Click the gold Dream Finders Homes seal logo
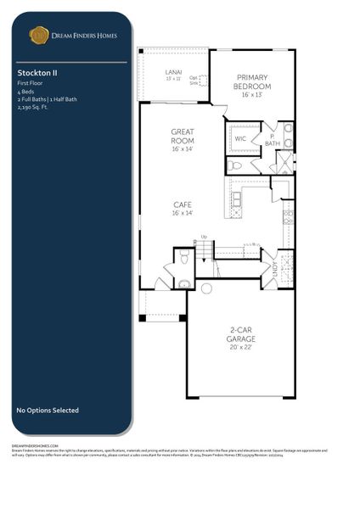pyautogui.click(x=39, y=35)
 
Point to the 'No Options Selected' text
pyautogui.click(x=48, y=411)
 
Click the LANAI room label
pyautogui.click(x=172, y=72)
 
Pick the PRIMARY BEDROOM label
pyautogui.click(x=253, y=82)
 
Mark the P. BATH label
pyautogui.click(x=273, y=139)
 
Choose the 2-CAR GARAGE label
pyautogui.click(x=241, y=336)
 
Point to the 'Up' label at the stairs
pyautogui.click(x=203, y=237)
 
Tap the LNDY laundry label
pyautogui.click(x=273, y=267)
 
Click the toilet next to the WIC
pyautogui.click(x=236, y=165)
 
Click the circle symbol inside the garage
pyautogui.click(x=206, y=288)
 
